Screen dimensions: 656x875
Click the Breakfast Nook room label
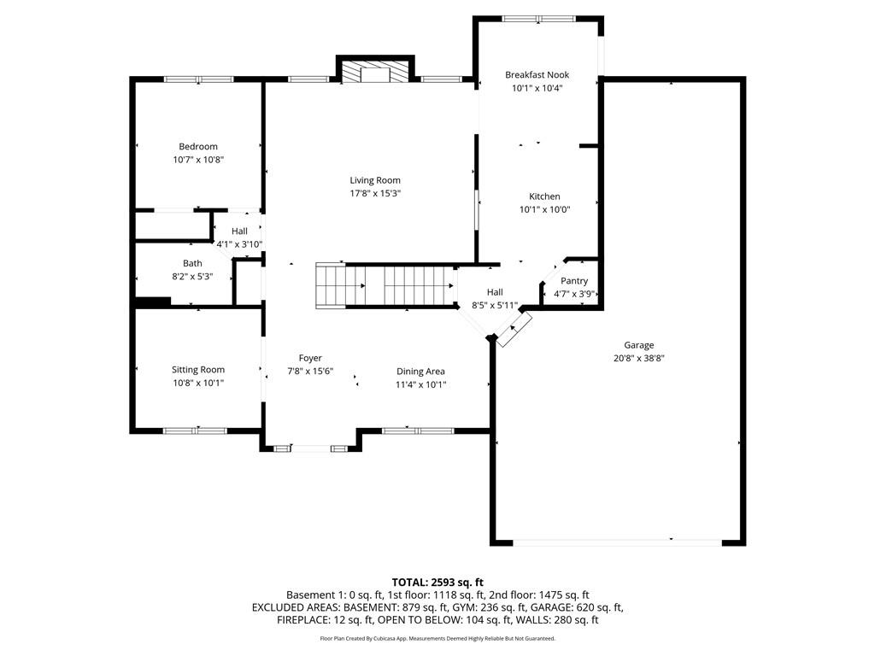(x=537, y=75)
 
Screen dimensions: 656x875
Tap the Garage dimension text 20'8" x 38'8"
(x=638, y=359)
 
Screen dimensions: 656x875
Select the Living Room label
(x=375, y=180)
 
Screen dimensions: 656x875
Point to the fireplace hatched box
(x=375, y=73)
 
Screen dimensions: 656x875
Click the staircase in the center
(x=385, y=284)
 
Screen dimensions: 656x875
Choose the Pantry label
(x=574, y=281)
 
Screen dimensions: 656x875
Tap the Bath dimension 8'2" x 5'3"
(x=192, y=277)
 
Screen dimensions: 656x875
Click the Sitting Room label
(x=198, y=370)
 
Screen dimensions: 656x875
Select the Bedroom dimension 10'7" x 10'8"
(x=198, y=160)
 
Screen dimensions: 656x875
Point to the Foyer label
(x=310, y=358)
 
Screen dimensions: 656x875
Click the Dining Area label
(x=420, y=372)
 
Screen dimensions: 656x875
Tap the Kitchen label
(x=544, y=196)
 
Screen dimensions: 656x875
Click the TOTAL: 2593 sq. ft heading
(x=437, y=582)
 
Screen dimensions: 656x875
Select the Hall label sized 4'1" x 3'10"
(x=239, y=231)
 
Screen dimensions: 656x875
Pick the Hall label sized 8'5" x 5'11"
(x=495, y=292)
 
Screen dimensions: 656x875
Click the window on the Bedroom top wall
(x=198, y=79)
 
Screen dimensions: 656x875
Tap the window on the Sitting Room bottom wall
(x=195, y=430)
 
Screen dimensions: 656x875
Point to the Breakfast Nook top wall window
(x=538, y=18)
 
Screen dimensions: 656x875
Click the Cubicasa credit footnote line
(x=437, y=638)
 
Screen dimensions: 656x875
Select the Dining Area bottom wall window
(x=418, y=430)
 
